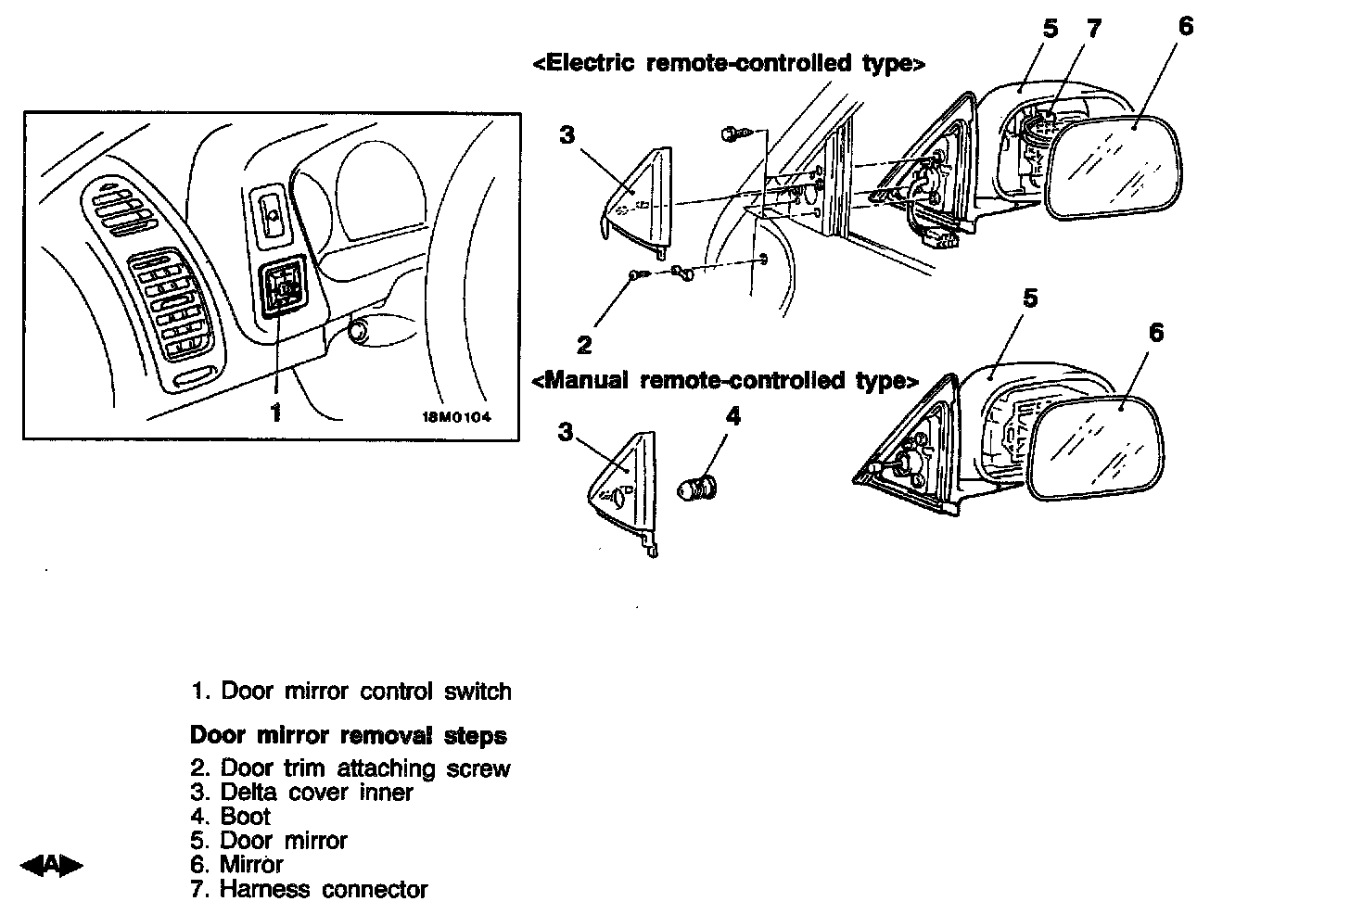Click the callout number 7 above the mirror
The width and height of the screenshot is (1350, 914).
click(1094, 30)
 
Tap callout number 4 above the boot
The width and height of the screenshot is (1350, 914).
click(732, 417)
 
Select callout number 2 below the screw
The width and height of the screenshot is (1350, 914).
click(584, 346)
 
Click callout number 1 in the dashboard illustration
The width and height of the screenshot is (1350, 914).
click(275, 413)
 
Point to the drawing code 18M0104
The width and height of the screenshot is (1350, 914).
click(456, 417)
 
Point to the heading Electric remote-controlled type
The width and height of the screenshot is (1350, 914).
click(729, 63)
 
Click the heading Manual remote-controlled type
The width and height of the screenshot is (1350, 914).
click(725, 380)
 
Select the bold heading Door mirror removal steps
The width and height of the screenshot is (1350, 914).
click(348, 736)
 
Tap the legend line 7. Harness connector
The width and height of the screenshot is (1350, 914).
click(309, 890)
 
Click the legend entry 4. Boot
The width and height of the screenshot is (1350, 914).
click(231, 817)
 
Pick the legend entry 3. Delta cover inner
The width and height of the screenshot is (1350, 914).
click(301, 793)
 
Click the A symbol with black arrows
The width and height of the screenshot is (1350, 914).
click(51, 866)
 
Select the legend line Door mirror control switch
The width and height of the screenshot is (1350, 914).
click(351, 692)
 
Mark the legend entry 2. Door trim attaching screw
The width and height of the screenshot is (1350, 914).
click(350, 768)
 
